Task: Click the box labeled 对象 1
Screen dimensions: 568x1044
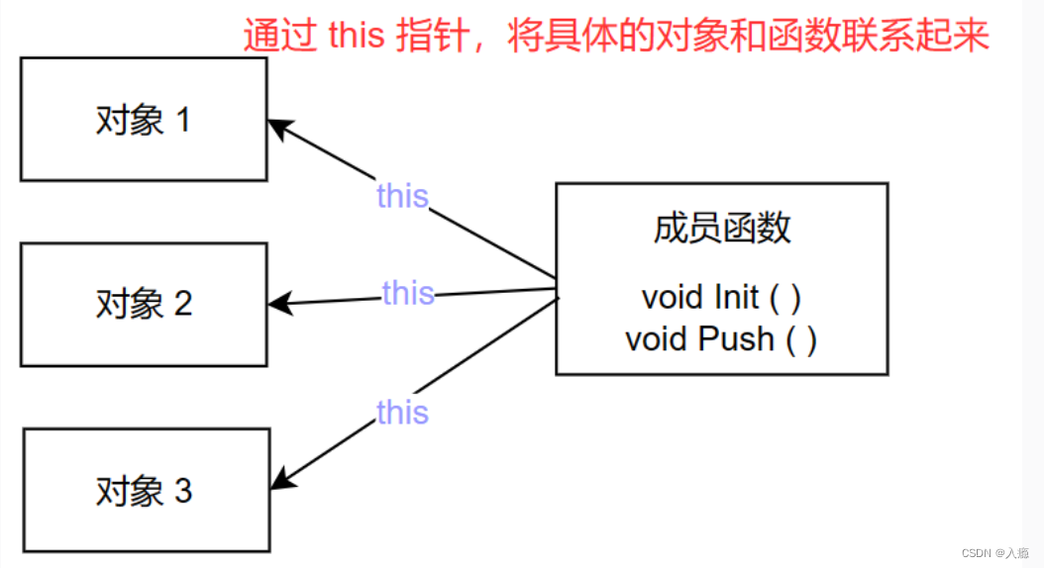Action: (144, 120)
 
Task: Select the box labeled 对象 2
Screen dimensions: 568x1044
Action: (144, 304)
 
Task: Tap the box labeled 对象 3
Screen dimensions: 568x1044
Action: (146, 490)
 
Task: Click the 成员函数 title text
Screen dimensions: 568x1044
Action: (721, 228)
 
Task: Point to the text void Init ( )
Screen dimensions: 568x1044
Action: (721, 297)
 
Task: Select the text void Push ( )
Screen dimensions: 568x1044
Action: (721, 339)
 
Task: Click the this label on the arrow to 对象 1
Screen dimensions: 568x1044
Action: (402, 196)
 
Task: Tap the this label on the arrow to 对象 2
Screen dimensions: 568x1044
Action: (408, 293)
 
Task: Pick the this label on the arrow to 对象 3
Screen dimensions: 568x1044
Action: (402, 412)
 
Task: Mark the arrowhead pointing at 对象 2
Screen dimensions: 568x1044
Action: (279, 303)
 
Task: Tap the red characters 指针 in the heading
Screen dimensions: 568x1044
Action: (433, 37)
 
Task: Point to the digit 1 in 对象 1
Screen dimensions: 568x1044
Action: (182, 121)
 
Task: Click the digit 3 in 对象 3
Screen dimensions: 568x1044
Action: (183, 491)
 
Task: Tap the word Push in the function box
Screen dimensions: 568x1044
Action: (736, 339)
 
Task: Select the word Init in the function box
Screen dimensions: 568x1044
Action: (736, 297)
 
